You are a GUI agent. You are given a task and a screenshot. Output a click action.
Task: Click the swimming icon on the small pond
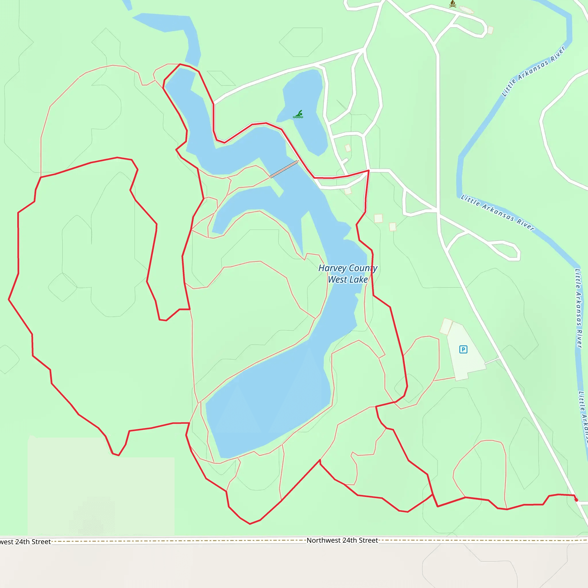click(x=298, y=115)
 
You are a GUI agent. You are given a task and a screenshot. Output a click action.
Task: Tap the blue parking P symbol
click(x=463, y=349)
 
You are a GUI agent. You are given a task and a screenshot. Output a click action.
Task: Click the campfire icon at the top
click(x=452, y=4)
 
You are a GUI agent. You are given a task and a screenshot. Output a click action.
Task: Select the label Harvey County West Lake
click(x=348, y=274)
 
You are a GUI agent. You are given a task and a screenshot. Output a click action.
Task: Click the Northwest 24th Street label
click(x=342, y=540)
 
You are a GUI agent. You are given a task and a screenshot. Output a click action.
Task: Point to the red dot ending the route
click(x=576, y=500)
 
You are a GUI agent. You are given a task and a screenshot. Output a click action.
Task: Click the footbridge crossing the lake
click(x=284, y=169)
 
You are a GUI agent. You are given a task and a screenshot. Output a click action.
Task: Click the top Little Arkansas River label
click(x=533, y=71)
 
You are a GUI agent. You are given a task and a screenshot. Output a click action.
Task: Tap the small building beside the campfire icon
click(x=467, y=10)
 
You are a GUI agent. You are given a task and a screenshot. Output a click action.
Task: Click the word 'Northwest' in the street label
click(x=323, y=540)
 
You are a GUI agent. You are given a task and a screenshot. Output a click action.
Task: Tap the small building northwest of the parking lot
click(x=446, y=326)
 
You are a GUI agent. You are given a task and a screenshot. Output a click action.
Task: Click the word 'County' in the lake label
click(x=363, y=268)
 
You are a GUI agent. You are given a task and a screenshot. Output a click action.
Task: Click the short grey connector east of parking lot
click(x=492, y=361)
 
